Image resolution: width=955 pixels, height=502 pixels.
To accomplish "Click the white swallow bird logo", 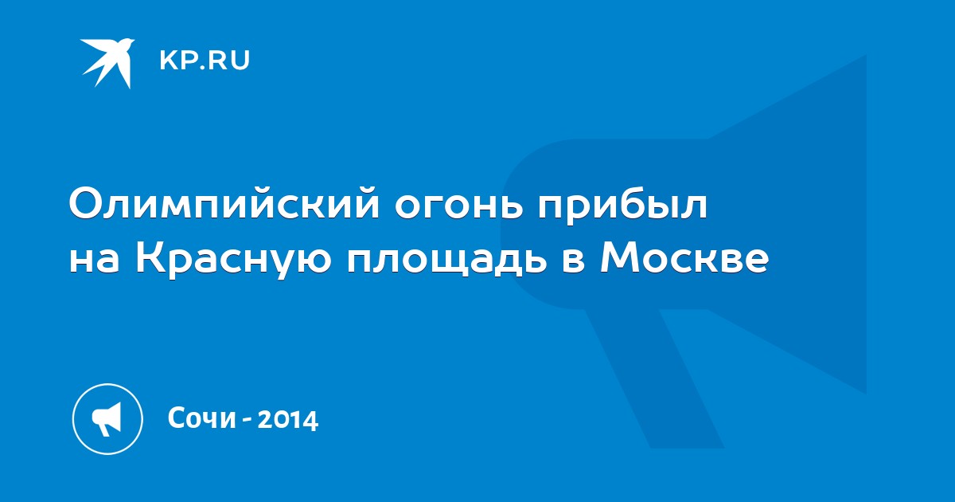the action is [107, 62].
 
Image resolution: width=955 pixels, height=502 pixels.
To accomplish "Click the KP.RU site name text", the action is [205, 61].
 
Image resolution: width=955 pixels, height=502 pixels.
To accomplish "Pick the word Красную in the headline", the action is [234, 259].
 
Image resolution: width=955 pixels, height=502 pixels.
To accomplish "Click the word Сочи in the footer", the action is [202, 418].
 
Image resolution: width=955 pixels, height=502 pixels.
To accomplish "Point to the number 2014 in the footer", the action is [288, 419].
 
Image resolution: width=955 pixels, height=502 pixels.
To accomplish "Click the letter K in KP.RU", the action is [168, 61].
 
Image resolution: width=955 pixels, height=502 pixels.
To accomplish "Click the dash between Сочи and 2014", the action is [247, 421].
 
